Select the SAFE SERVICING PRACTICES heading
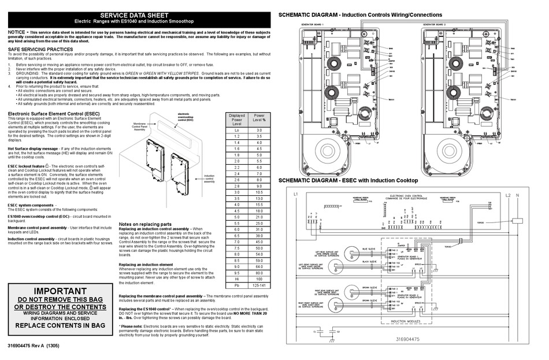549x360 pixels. pos(40,50)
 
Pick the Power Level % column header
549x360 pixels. pos(259,118)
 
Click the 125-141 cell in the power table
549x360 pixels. pos(259,285)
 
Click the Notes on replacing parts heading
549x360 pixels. pos(145,224)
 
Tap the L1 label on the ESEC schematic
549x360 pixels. pos(295,194)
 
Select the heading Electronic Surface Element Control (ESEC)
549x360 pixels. pos(53,114)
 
